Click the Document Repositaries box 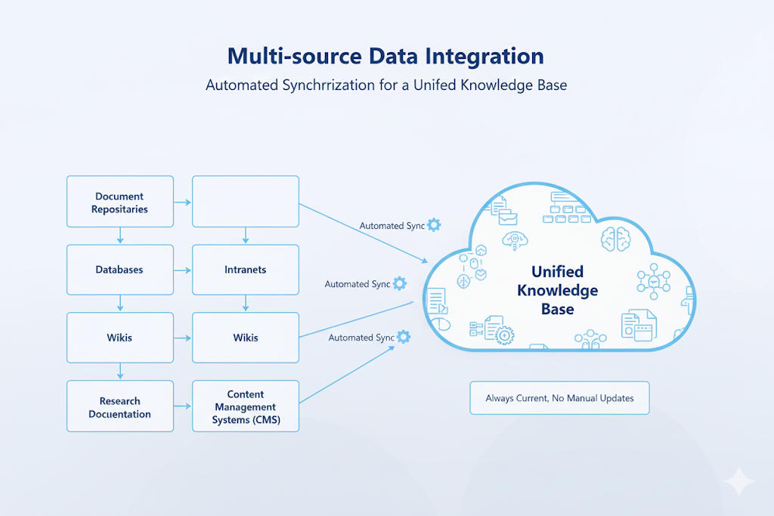click(x=119, y=202)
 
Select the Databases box click(x=119, y=270)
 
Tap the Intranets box click(x=246, y=270)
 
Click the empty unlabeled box click(x=246, y=202)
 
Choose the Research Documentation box click(x=119, y=406)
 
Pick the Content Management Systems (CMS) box click(x=246, y=406)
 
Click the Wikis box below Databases click(x=119, y=338)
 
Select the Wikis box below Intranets click(x=246, y=338)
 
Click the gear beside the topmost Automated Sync click(x=434, y=225)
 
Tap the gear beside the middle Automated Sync click(x=399, y=283)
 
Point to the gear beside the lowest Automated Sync click(x=404, y=337)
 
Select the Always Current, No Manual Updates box click(x=559, y=397)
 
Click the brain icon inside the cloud click(x=612, y=240)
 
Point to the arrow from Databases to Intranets click(x=182, y=270)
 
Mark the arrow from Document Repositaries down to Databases click(x=119, y=236)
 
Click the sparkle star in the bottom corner click(x=737, y=481)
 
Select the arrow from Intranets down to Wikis click(x=246, y=304)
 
